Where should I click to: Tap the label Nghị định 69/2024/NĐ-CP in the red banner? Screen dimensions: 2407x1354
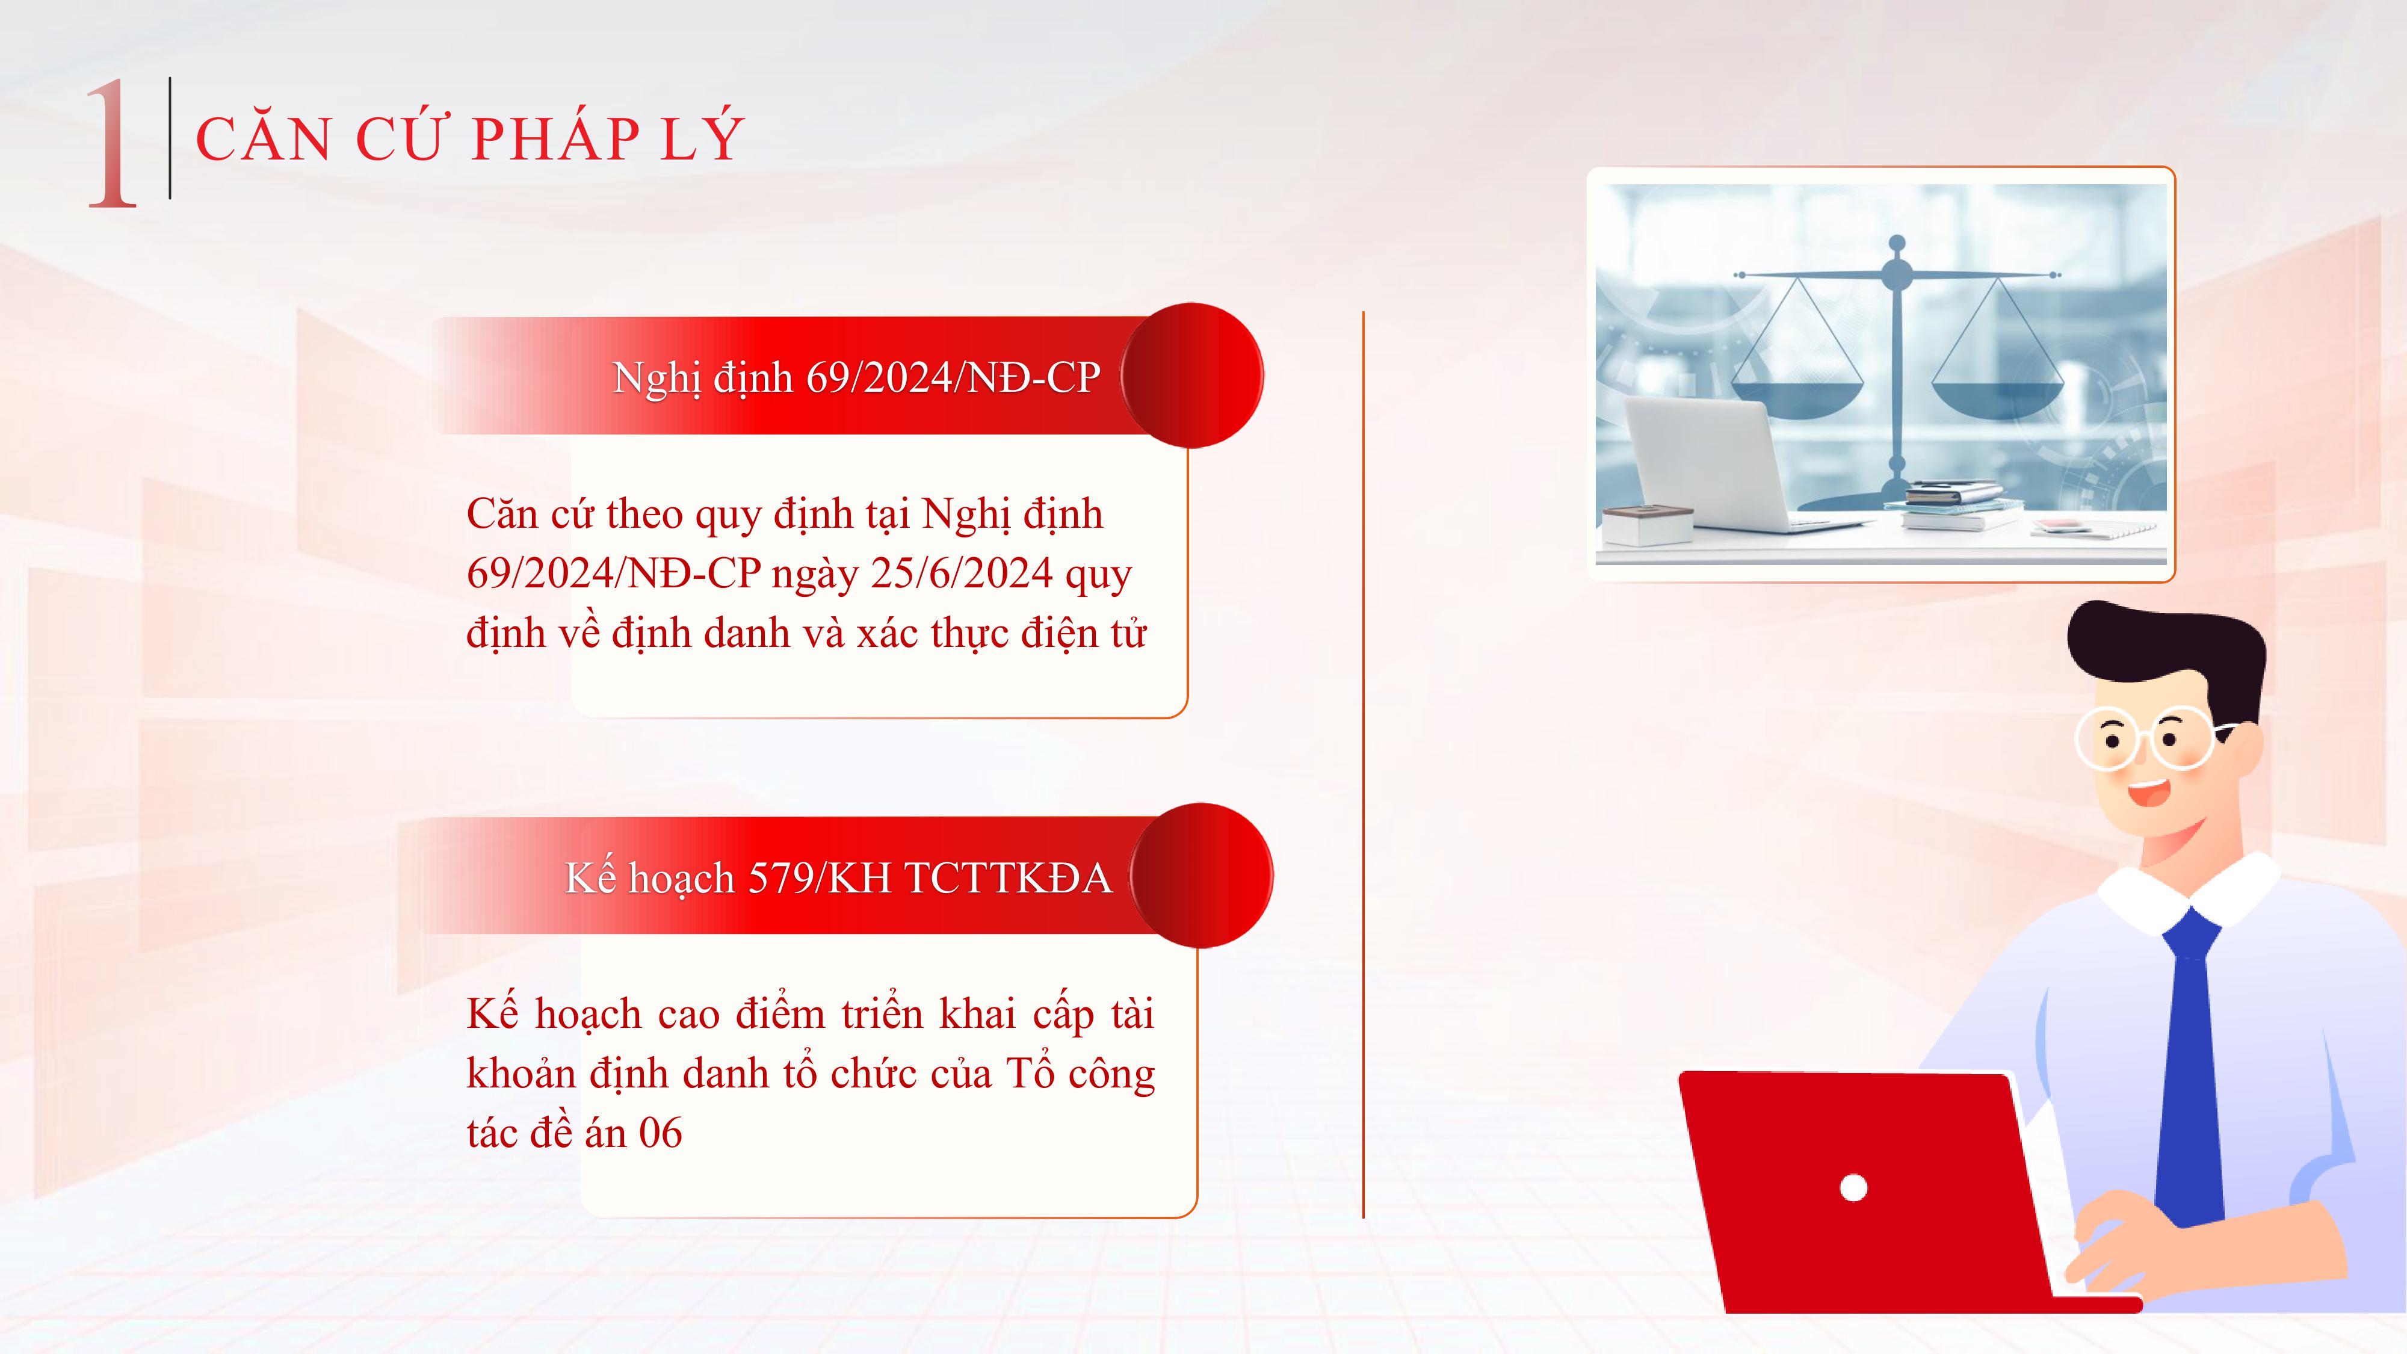(x=856, y=377)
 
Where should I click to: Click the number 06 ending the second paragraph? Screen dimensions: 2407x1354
(x=661, y=1133)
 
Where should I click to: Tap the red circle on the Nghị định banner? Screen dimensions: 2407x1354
(x=1192, y=376)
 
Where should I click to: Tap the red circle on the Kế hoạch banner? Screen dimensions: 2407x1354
(x=1202, y=876)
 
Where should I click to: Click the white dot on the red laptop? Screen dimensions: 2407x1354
(x=1853, y=1188)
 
